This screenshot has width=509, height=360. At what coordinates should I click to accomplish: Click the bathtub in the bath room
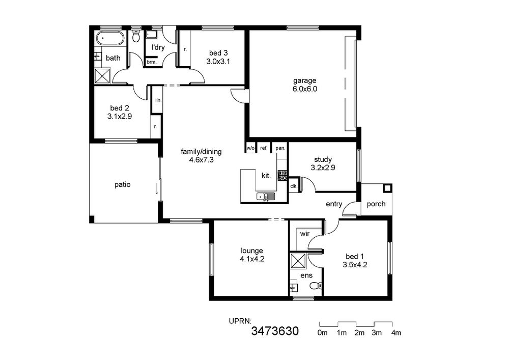tap(110, 38)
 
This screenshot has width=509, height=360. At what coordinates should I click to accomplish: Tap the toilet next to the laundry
tap(136, 36)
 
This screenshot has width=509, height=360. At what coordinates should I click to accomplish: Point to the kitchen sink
tap(266, 197)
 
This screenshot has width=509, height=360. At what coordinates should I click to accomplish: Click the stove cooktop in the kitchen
tap(282, 175)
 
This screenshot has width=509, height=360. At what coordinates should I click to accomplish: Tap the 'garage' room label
tap(304, 80)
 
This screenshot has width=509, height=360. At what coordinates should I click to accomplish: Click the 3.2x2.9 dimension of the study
tap(323, 168)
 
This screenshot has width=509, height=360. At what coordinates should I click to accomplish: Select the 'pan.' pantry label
tap(280, 148)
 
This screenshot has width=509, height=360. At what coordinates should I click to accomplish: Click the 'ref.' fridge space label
tap(264, 148)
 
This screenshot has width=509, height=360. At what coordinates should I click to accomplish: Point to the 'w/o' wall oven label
tap(250, 148)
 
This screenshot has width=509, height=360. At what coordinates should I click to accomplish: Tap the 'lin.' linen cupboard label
tap(158, 100)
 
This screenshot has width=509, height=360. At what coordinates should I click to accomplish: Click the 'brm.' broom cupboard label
tap(152, 62)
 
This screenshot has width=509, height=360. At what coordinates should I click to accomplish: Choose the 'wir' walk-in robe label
tap(305, 234)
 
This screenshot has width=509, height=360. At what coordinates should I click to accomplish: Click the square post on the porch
tap(387, 188)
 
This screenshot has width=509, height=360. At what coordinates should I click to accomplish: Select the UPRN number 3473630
tap(275, 331)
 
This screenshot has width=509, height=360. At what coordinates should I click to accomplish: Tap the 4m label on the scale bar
tap(396, 333)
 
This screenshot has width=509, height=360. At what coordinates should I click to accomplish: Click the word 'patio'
tap(122, 185)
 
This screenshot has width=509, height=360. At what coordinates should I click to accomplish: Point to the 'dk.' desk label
tap(294, 186)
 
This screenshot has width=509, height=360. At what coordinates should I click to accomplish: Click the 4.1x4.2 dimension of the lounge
tap(252, 259)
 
